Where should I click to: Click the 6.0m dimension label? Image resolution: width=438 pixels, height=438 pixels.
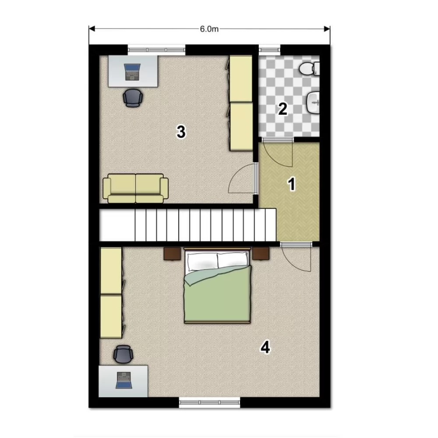(209, 29)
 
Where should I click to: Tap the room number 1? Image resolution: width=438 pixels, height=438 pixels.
(292, 184)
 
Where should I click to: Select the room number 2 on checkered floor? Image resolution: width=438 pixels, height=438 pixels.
(283, 109)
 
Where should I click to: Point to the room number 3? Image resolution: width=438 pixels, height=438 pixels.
(181, 132)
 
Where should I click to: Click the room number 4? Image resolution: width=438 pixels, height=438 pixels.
(265, 348)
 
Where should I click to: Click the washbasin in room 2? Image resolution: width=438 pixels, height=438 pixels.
(313, 102)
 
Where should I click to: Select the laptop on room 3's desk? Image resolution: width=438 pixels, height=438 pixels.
(132, 72)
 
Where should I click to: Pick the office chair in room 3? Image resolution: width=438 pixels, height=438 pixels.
(133, 98)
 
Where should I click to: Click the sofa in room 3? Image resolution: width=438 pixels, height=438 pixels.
(136, 188)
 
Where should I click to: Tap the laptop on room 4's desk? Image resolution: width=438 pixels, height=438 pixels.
(124, 380)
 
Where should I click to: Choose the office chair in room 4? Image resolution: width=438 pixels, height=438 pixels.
(123, 354)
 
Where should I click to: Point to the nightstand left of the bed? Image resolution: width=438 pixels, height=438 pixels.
(172, 254)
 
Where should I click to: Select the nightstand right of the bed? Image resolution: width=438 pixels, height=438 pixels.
(261, 254)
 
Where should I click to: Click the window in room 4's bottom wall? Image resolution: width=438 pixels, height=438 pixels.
(209, 402)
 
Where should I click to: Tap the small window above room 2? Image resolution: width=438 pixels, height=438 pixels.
(269, 50)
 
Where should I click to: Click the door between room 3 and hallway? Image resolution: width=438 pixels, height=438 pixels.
(255, 178)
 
